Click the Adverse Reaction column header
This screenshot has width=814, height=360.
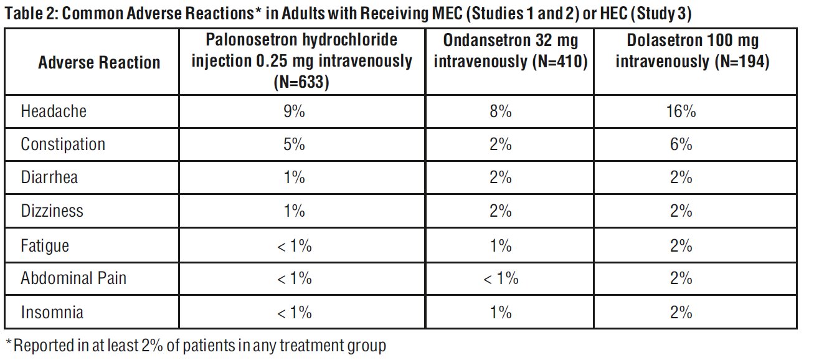pos(99,63)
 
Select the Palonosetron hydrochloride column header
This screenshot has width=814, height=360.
pos(302,62)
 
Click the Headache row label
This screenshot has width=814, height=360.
pos(54,111)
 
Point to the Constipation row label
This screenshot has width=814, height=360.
pos(63,144)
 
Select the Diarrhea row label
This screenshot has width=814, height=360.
pos(49,178)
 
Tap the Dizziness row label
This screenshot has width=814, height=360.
pos(52,211)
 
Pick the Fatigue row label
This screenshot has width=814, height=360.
pos(45,245)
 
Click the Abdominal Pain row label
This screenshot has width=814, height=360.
pos(73,278)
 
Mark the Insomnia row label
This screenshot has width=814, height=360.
pos(52,311)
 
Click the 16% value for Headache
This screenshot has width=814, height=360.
pos(681,111)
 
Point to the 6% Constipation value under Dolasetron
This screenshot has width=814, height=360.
pos(681,144)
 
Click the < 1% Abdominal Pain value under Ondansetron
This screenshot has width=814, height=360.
pos(501,278)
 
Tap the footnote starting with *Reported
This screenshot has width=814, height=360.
pos(196,344)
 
